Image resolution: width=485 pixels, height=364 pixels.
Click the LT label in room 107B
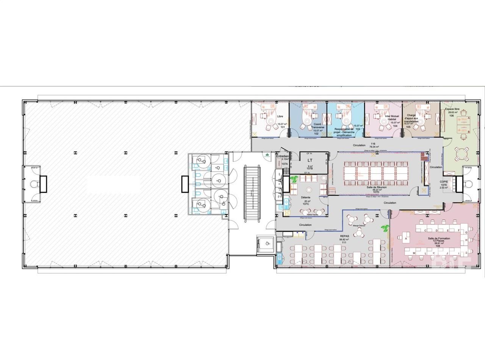[x=310, y=160]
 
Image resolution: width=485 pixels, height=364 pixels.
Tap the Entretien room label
[x=283, y=156]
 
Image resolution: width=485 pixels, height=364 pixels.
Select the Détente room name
[x=306, y=198]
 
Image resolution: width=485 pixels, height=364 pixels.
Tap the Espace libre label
[x=451, y=109]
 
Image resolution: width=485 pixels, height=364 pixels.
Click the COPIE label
[x=444, y=181]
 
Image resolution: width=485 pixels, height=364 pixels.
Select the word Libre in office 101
[x=280, y=116]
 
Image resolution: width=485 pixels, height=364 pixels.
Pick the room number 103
[x=357, y=129]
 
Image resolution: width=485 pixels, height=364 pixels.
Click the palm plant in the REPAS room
[x=385, y=229]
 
